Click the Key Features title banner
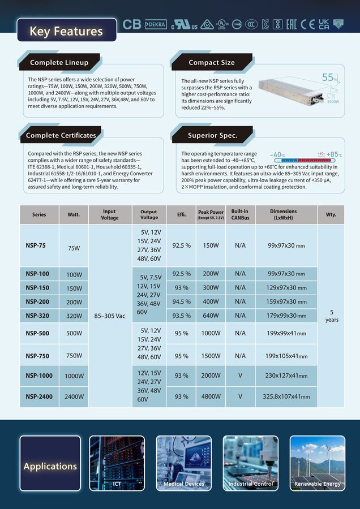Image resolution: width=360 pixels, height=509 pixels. (x=66, y=31)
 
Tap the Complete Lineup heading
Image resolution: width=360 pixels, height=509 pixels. (x=61, y=62)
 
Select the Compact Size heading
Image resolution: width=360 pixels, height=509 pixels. (x=211, y=62)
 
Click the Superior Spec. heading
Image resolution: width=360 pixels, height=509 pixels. (x=212, y=136)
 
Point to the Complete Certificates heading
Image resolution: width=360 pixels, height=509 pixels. (x=61, y=136)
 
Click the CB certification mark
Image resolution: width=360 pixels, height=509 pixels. (x=131, y=24)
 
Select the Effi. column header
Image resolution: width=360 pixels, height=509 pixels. (x=181, y=214)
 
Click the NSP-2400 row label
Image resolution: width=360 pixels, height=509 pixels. (x=39, y=396)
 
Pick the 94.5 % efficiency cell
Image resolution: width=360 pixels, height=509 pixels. (x=181, y=301)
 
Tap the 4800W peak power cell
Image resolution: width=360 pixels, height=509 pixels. (x=211, y=396)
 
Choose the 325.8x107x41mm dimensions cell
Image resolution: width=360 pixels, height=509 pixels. (x=286, y=396)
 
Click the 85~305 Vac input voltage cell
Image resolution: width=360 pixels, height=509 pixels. (x=110, y=316)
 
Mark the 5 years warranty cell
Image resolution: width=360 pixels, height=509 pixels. (x=331, y=316)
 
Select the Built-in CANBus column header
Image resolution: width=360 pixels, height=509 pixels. (x=240, y=214)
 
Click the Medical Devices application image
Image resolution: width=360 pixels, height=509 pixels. (x=184, y=463)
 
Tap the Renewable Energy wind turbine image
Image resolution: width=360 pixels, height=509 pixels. (x=317, y=463)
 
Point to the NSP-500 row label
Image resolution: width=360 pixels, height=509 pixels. (x=37, y=333)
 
